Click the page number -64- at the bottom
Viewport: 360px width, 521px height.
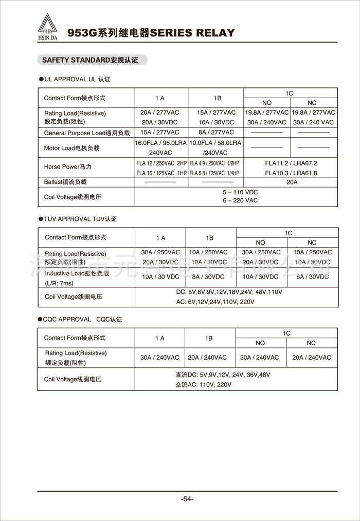(187, 499)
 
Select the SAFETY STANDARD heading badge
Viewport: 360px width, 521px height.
(90, 60)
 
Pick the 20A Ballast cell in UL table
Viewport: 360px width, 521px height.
(292, 182)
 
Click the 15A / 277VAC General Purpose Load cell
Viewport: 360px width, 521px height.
(160, 133)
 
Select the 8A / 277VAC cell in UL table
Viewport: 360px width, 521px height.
(215, 133)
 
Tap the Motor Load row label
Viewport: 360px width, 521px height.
(71, 148)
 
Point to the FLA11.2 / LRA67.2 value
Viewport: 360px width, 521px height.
(291, 163)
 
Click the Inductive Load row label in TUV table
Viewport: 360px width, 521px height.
(77, 273)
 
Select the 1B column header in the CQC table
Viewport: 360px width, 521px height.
(208, 338)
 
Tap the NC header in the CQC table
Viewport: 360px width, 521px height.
(311, 343)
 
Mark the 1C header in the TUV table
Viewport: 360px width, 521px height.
(288, 233)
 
